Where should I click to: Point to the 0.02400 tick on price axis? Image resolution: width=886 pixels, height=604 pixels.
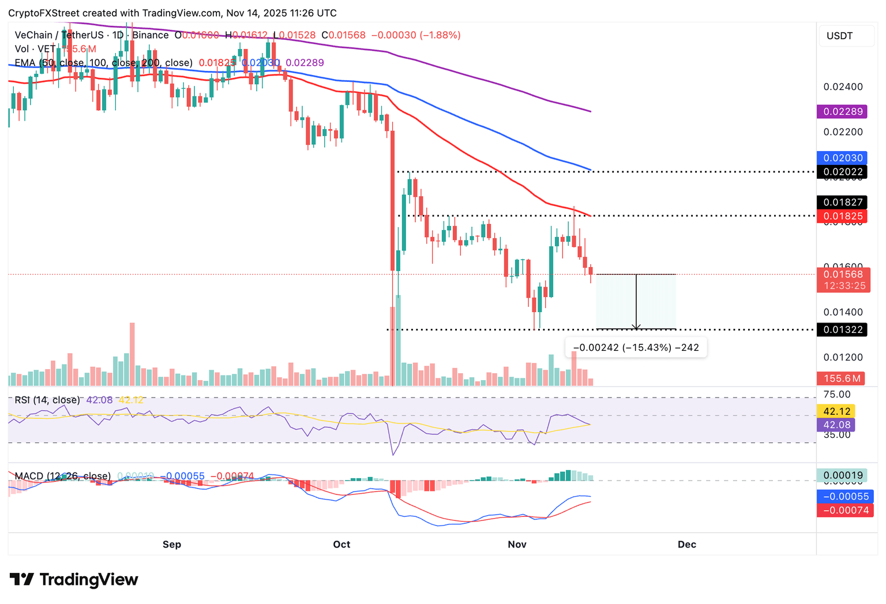point(843,87)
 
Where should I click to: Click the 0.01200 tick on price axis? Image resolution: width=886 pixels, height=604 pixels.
point(843,358)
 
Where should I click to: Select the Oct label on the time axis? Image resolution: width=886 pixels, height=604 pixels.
point(341,545)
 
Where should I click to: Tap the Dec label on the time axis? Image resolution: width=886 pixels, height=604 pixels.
point(686,545)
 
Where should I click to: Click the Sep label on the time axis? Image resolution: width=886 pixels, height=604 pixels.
point(172,545)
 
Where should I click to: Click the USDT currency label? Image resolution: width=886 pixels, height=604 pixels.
point(839,36)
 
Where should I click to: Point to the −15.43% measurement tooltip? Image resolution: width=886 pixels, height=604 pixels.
point(636,348)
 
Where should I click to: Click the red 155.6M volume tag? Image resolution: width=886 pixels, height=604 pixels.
point(842,378)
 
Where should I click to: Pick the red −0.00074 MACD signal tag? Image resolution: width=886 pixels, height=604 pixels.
point(845,510)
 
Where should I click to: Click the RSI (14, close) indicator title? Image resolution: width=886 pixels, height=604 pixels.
point(47,400)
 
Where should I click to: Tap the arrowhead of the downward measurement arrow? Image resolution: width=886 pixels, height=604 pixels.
point(636,327)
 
